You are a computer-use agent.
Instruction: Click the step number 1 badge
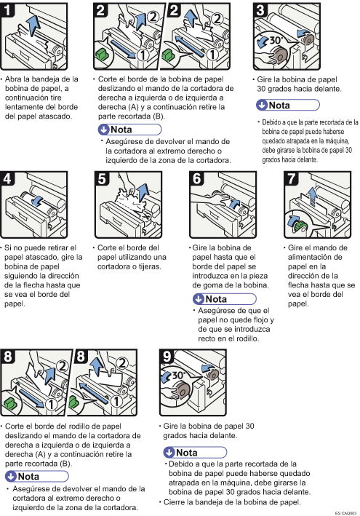click(7, 9)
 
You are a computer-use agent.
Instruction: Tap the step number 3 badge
click(260, 9)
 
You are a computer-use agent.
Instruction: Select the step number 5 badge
click(102, 178)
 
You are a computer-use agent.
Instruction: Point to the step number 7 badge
click(291, 178)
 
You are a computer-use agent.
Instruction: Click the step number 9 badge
click(167, 356)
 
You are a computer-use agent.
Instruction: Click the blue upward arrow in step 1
click(33, 25)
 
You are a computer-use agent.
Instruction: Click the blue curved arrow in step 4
click(37, 201)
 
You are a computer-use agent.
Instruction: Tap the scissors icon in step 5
click(145, 216)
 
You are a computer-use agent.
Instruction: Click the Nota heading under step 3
click(279, 106)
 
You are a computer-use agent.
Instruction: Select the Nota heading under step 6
click(216, 299)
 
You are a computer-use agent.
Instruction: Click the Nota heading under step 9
click(186, 453)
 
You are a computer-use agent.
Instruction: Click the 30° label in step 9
click(178, 375)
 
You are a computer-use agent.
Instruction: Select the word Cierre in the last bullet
click(175, 502)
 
